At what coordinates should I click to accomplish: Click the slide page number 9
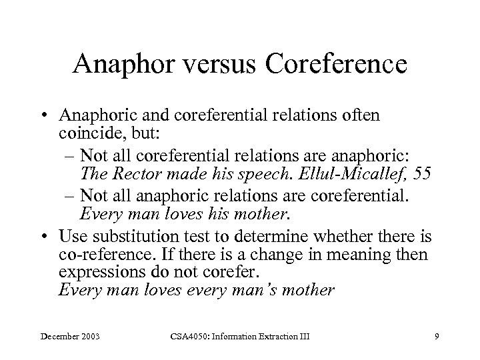(436, 339)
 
